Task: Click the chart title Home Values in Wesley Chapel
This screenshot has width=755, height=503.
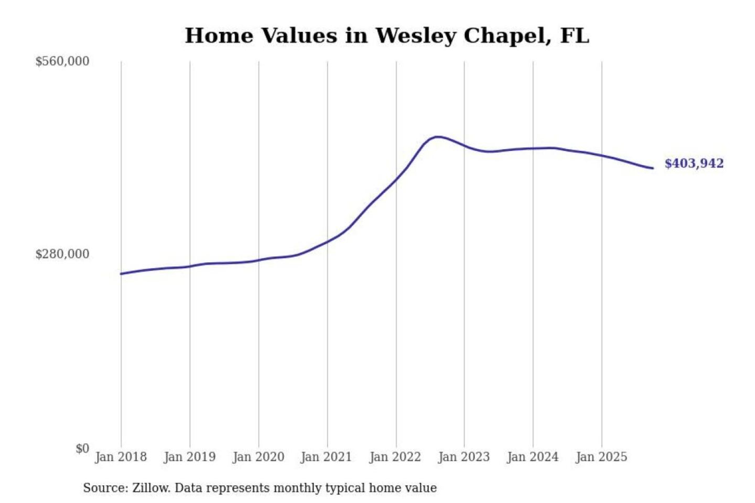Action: click(387, 36)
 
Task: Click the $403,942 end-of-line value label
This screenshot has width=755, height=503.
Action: click(694, 163)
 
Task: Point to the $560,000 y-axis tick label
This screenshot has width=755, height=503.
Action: click(62, 61)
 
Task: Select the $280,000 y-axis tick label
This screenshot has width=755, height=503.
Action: click(62, 254)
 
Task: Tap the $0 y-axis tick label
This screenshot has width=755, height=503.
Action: click(82, 449)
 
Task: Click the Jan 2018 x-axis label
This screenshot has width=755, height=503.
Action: click(121, 457)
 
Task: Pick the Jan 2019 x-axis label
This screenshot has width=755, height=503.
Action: click(189, 457)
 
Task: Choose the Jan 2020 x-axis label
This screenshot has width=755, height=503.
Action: click(258, 457)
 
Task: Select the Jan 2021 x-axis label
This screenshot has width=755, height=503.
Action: click(326, 457)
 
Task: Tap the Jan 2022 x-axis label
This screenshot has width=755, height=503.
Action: click(395, 457)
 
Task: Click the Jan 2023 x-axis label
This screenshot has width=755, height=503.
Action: click(463, 457)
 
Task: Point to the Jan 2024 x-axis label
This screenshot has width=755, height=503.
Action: click(532, 457)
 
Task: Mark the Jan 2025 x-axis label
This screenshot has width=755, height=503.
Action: click(601, 457)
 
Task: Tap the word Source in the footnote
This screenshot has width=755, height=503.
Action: click(105, 488)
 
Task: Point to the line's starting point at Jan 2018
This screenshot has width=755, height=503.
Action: click(121, 274)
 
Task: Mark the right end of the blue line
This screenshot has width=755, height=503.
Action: click(652, 168)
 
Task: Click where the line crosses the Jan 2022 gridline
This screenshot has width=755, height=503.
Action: click(396, 179)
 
